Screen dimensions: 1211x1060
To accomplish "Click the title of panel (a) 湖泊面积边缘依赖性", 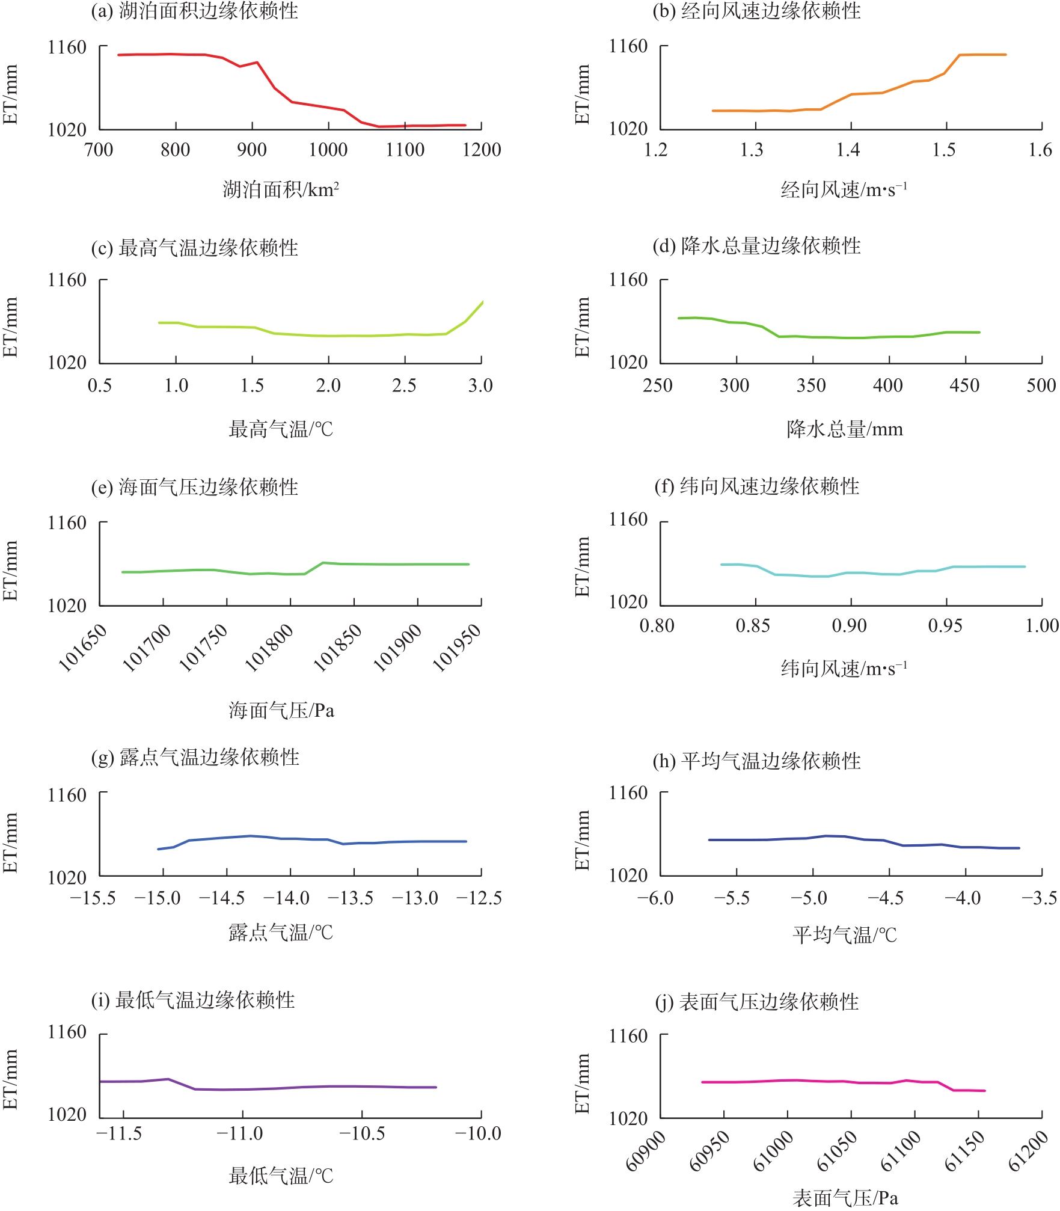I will point(194,11).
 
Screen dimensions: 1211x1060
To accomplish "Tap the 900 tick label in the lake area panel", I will point(251,150).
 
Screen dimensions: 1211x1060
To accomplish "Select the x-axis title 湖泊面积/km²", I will point(281,190).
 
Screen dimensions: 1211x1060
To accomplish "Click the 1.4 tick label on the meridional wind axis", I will point(848,150).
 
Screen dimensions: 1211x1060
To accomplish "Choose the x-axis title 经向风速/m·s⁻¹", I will point(844,190).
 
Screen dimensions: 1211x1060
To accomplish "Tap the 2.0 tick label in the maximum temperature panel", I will point(328,385).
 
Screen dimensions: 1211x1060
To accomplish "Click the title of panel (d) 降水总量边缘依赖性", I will point(756,246).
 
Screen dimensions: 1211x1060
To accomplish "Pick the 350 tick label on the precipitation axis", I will point(811,385).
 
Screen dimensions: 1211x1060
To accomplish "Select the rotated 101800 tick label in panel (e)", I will point(269,647).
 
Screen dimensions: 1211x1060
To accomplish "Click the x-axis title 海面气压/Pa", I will point(281,711).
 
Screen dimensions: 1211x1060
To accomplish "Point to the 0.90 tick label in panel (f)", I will point(849,626).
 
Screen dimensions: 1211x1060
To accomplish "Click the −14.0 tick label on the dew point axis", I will point(286,898).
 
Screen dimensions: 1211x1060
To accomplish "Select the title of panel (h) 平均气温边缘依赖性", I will point(756,761).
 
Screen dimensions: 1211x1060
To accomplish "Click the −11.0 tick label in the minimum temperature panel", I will point(239,1134).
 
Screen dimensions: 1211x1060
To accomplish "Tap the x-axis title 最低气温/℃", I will point(281,1176).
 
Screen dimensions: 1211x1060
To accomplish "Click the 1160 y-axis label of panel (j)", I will point(628,1036).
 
